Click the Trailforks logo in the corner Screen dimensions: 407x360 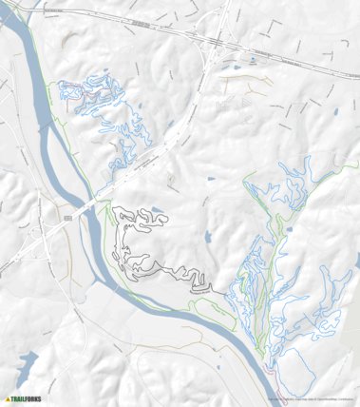23,399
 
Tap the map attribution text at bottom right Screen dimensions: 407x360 313,398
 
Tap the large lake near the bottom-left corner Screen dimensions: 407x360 26,363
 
